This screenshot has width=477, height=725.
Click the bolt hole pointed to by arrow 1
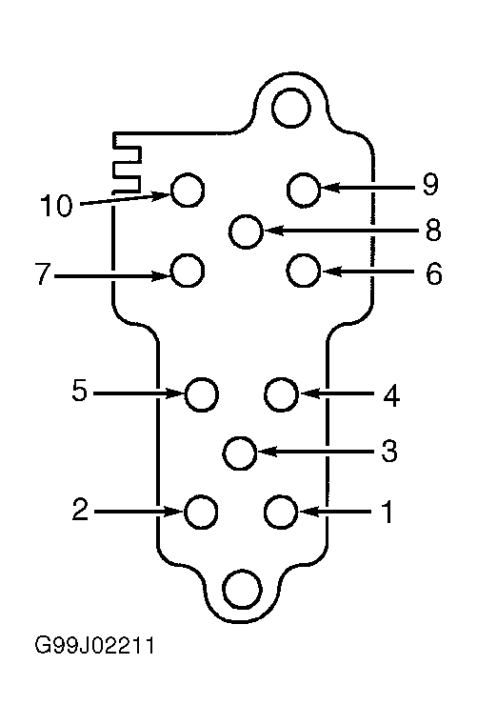coord(281,512)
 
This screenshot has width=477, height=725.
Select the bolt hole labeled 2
coord(201,512)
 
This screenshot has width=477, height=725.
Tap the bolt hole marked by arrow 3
coord(239,453)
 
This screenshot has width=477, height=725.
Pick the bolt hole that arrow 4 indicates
coord(281,394)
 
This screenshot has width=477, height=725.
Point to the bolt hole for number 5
coord(202,394)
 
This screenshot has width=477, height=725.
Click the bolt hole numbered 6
coord(304,271)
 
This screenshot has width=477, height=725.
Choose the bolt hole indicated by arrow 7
coord(188,271)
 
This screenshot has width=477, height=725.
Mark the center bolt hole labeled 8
coord(246,232)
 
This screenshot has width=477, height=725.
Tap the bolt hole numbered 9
coord(304,190)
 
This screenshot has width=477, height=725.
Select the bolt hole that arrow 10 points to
coord(188,190)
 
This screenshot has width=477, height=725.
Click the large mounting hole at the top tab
coord(291,109)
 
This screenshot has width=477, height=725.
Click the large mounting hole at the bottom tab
coord(242,589)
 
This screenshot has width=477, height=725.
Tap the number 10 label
coord(56,205)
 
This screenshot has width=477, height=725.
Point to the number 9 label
coord(430,185)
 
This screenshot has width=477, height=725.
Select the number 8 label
coord(433,230)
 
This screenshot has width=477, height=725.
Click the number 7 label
coord(43,273)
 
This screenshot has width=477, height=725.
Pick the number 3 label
coord(389,451)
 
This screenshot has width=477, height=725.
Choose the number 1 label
coord(388,512)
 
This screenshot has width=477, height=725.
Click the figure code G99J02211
coord(95,646)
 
